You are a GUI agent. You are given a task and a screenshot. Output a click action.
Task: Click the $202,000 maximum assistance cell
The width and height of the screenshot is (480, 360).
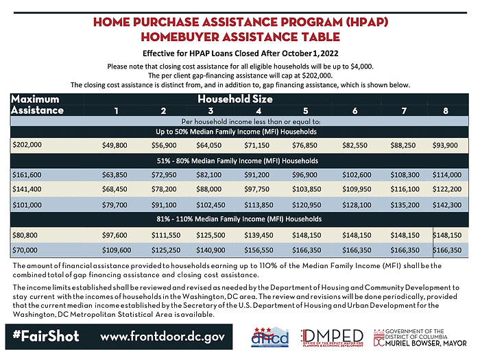(x=27, y=145)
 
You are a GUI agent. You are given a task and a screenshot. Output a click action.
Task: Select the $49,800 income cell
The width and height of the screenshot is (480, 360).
(x=116, y=145)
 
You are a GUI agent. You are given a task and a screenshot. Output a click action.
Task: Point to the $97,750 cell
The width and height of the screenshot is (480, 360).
(x=259, y=189)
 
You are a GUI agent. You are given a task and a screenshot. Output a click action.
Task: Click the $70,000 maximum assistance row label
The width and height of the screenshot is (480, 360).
(x=25, y=251)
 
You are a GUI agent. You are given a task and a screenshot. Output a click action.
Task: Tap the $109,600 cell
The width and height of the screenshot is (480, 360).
(x=116, y=251)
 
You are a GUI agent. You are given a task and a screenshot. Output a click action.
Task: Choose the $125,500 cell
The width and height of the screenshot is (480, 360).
(x=211, y=236)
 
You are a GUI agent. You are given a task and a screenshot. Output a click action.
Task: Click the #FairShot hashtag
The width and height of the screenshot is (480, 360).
(x=46, y=337)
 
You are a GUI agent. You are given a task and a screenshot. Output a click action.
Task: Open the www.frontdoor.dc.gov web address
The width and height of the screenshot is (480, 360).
(x=162, y=337)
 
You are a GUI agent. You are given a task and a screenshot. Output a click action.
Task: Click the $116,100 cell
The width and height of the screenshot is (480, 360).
(x=400, y=189)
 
